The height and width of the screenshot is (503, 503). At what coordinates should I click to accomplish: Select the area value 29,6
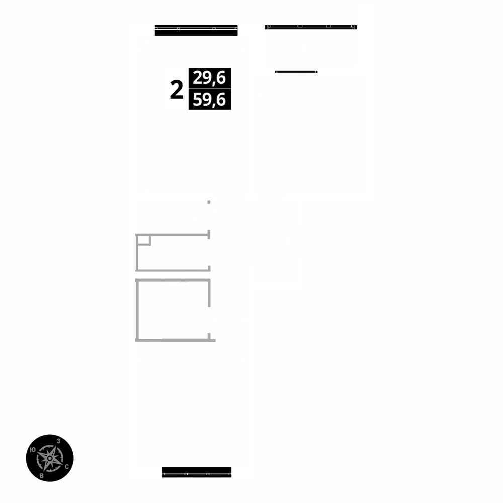point(209,78)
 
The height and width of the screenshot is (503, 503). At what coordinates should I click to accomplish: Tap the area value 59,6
point(209,100)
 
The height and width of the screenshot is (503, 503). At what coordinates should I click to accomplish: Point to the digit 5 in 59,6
point(198,100)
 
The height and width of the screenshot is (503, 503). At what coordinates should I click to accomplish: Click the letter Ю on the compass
point(33,450)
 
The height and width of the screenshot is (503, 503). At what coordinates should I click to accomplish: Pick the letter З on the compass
point(59,441)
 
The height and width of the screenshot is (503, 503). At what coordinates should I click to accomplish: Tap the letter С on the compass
point(67,467)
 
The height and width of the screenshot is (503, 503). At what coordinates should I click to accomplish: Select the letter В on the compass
point(42,475)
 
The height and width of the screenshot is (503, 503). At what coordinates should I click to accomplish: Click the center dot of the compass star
point(50,458)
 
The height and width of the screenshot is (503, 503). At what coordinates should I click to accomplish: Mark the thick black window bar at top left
point(196,31)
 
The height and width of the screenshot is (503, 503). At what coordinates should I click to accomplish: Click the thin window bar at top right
point(311,27)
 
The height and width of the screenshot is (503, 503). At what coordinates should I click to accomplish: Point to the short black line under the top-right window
point(296,72)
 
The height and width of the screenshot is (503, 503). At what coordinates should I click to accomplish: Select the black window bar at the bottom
point(197,472)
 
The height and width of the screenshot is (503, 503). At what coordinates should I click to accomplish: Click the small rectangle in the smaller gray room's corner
point(143,240)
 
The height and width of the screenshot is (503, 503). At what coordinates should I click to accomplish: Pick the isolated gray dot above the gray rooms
point(209,202)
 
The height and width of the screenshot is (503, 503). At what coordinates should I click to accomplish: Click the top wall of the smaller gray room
point(174,234)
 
